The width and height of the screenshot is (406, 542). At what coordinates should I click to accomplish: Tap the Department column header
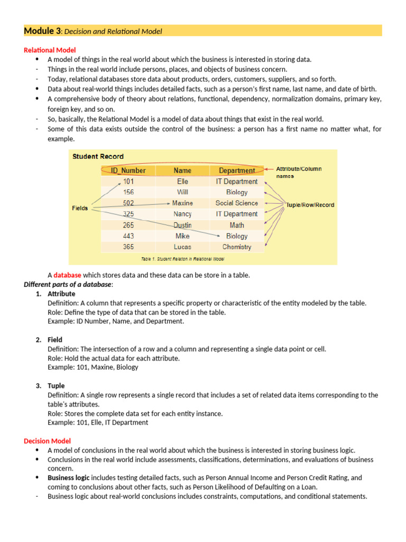236,170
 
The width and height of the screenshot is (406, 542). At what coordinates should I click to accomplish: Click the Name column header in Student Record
182,170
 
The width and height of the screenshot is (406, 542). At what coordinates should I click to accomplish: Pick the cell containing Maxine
182,203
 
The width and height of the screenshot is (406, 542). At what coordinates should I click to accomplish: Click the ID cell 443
128,236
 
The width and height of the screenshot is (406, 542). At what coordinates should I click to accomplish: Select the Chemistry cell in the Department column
236,247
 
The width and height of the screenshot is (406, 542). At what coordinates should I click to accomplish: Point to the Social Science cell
236,203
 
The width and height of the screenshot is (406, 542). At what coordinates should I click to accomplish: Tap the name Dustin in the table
182,225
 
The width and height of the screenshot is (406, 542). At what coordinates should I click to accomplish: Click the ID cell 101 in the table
128,182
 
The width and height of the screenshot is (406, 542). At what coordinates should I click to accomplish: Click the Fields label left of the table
80,209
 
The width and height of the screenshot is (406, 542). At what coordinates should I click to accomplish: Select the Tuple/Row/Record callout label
310,205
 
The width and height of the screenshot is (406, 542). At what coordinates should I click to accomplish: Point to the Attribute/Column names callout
299,172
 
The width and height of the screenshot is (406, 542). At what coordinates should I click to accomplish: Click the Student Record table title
98,157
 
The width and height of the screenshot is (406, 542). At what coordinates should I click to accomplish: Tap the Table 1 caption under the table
182,259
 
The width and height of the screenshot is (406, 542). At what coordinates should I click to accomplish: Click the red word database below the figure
67,275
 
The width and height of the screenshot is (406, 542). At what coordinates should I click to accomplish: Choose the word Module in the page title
41,31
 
